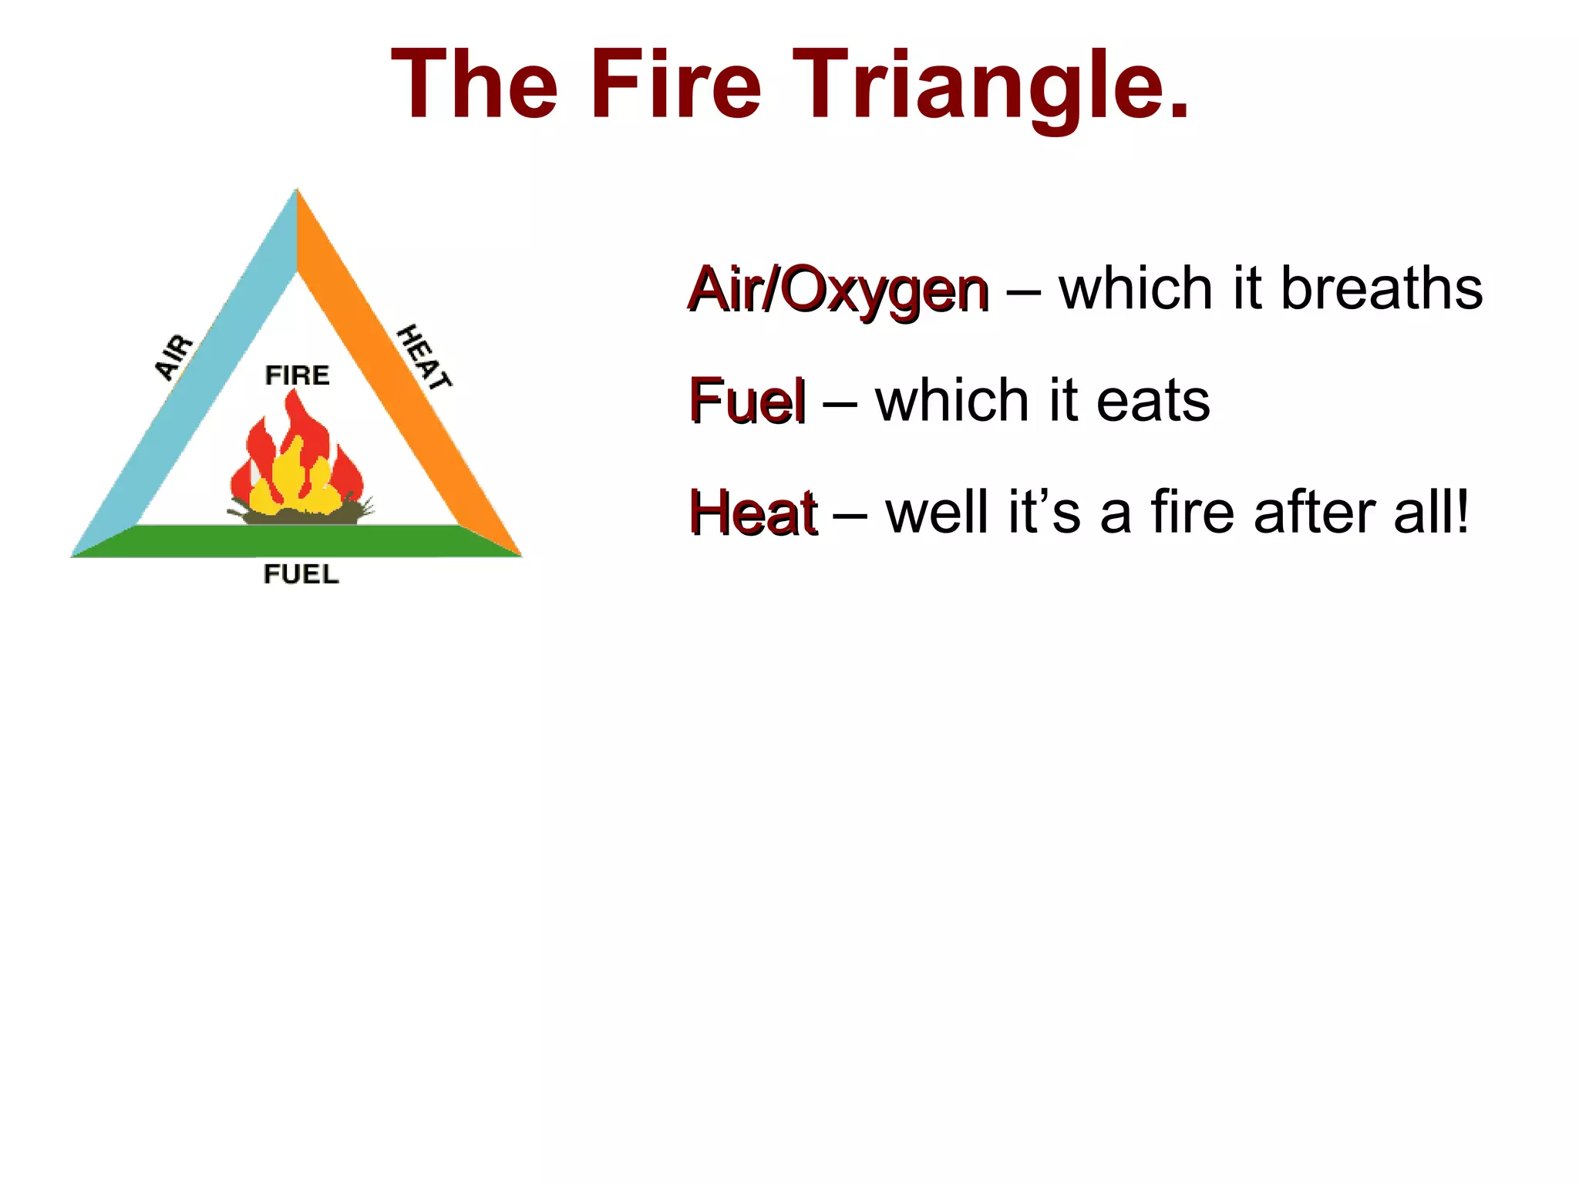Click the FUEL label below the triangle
(301, 574)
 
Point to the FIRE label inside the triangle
(297, 375)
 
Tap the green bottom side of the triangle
(297, 540)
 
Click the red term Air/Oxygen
(838, 290)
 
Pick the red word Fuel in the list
(747, 401)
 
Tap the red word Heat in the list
(752, 513)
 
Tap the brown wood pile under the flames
(301, 516)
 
